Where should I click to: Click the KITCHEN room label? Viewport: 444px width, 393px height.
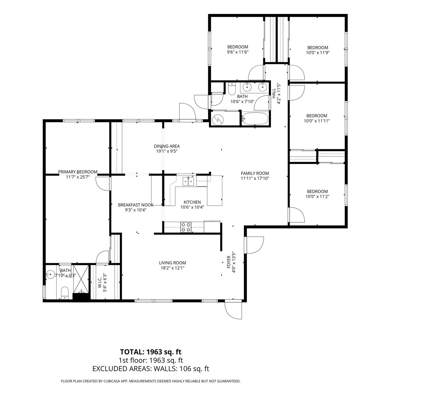click(x=192, y=202)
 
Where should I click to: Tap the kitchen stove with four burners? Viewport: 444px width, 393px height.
click(x=186, y=227)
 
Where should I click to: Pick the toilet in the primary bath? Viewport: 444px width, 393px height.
click(x=65, y=293)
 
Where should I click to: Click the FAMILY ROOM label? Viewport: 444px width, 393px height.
click(x=255, y=173)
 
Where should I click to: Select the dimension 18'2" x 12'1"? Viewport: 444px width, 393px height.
click(x=172, y=268)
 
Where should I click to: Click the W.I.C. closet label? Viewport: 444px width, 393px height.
click(x=100, y=281)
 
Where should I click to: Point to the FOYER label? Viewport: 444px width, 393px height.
click(x=229, y=262)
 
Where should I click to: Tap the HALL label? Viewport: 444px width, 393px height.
click(x=274, y=93)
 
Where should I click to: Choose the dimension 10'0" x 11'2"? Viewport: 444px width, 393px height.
click(x=317, y=197)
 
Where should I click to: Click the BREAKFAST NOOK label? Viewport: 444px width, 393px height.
click(x=136, y=205)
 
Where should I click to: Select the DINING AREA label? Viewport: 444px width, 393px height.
click(x=167, y=146)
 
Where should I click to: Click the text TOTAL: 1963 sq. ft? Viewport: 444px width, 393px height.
click(x=151, y=352)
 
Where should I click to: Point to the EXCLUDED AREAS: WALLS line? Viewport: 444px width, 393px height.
click(x=151, y=369)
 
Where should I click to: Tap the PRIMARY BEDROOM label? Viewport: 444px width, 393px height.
click(x=78, y=172)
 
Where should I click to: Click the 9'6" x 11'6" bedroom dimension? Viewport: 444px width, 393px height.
click(x=238, y=52)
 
